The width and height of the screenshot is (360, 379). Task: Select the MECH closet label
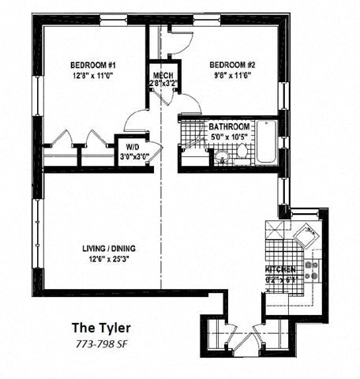pos(163,75)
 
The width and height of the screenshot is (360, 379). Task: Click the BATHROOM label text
pos(229,126)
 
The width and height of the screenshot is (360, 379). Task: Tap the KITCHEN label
pos(281,269)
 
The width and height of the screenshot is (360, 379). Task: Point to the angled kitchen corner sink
pos(304,235)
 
